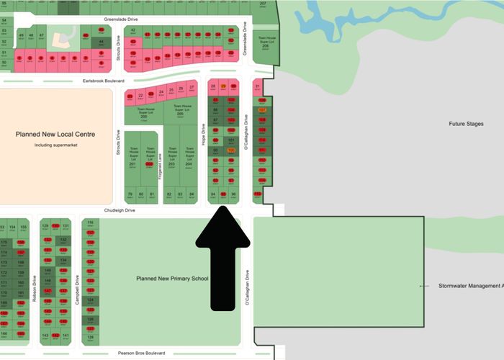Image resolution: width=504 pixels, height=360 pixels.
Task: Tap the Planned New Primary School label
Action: (171, 278)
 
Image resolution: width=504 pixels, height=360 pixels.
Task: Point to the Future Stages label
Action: (467, 124)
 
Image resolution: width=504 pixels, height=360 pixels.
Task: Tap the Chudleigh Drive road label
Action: (120, 210)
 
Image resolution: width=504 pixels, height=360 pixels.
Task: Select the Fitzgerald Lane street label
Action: (160, 166)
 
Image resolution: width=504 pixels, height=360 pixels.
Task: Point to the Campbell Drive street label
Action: (77, 288)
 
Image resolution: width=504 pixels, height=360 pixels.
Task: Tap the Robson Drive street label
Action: (34, 287)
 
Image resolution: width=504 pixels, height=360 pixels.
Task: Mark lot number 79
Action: (130, 194)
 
